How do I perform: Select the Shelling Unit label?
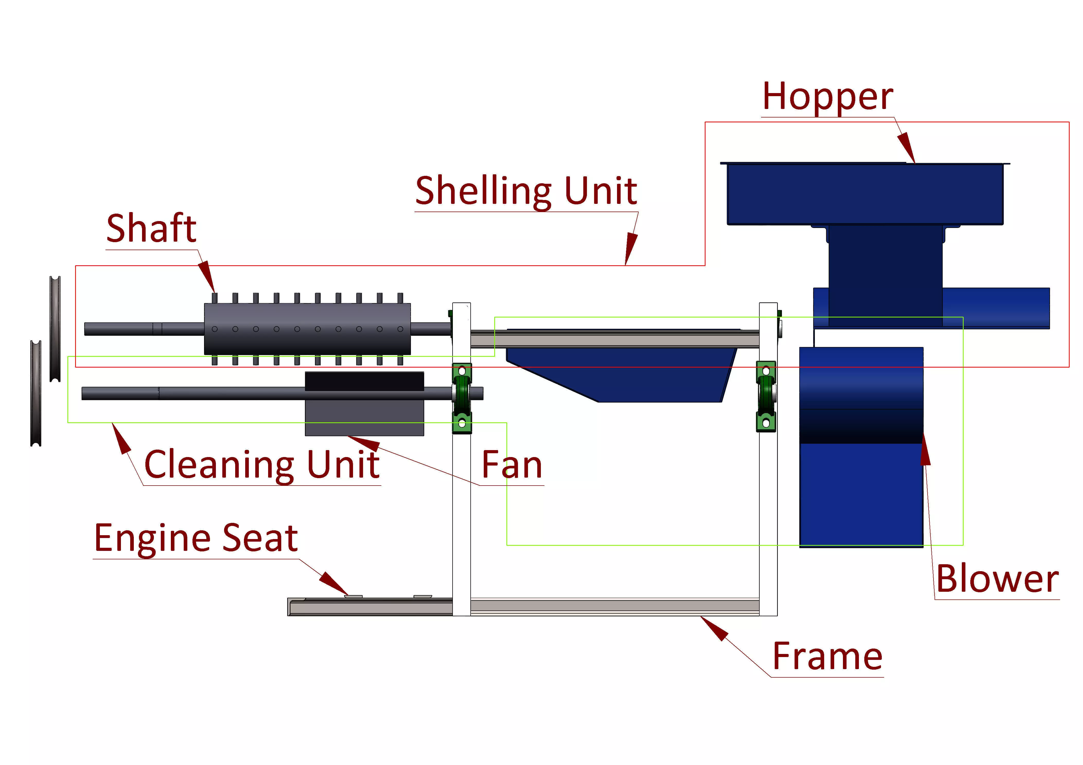tap(526, 191)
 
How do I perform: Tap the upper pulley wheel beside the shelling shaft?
tap(55, 329)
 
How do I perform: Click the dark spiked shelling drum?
tap(307, 329)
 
